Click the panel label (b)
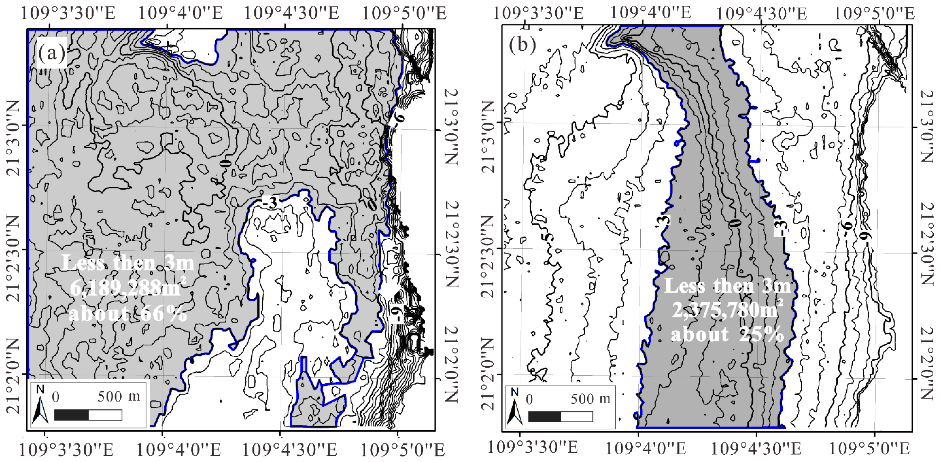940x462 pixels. (x=522, y=45)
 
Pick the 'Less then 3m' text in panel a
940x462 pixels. (x=128, y=263)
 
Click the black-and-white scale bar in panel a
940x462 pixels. (x=88, y=415)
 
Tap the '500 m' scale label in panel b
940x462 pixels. (x=590, y=399)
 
